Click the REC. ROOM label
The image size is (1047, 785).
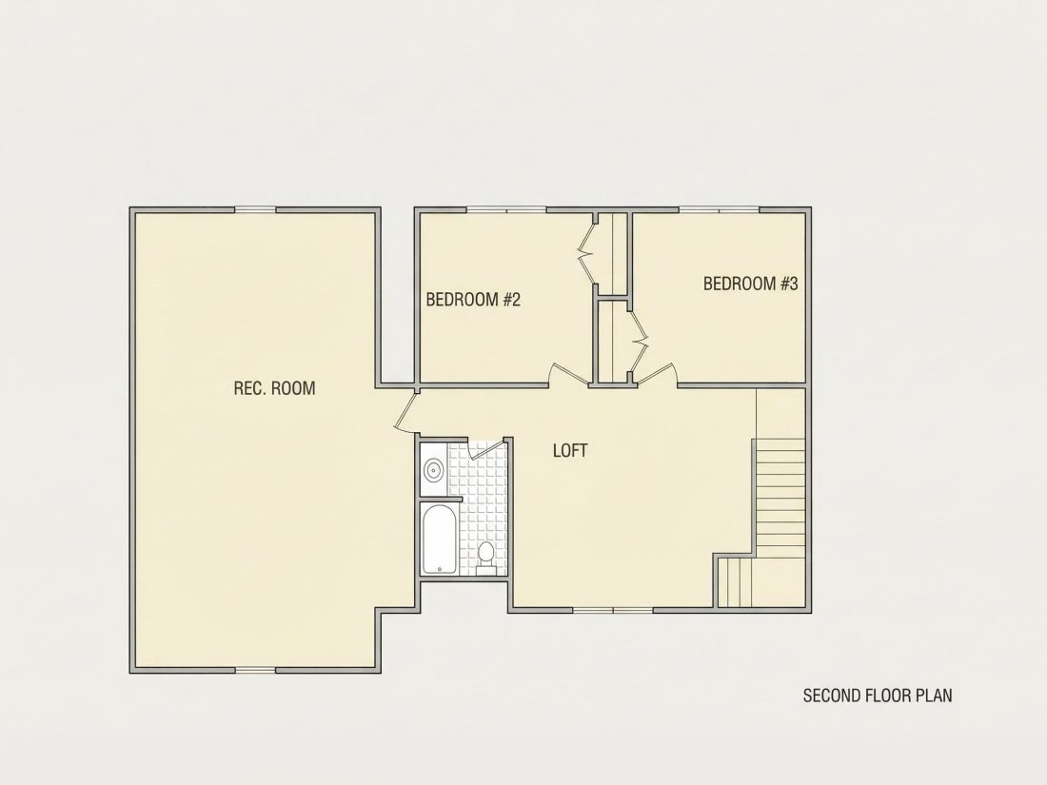point(274,388)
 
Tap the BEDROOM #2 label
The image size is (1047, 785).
point(473,299)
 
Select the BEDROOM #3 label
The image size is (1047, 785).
point(751,284)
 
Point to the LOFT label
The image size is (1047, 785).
point(570,451)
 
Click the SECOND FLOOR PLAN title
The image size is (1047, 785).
point(878,696)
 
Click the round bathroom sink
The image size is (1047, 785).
point(434,469)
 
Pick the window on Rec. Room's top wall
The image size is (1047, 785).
point(255,210)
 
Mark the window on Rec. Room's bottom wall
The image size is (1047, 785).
point(255,670)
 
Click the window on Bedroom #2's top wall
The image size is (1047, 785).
point(506,210)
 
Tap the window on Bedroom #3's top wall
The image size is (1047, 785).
point(720,210)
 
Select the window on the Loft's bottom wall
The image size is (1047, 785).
point(613,609)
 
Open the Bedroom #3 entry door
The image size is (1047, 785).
point(658,375)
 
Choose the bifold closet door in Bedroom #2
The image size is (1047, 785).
point(587,254)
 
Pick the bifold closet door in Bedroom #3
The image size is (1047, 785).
point(639,341)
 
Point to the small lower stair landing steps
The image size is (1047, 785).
point(736,582)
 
